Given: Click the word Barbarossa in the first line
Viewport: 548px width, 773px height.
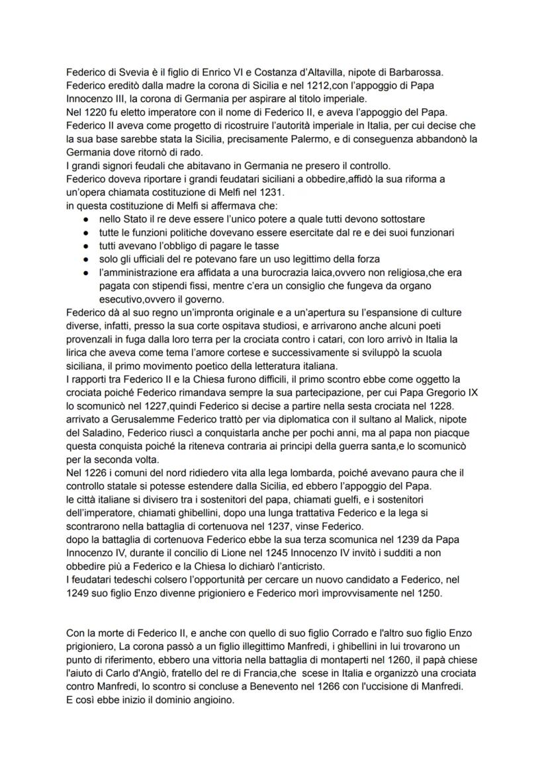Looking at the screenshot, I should (450, 71).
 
